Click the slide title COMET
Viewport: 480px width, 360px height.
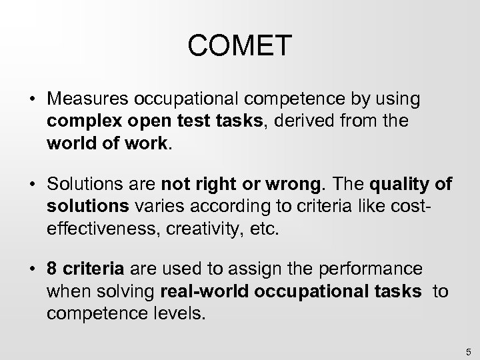click(240, 46)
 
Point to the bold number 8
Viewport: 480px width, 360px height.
click(51, 269)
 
